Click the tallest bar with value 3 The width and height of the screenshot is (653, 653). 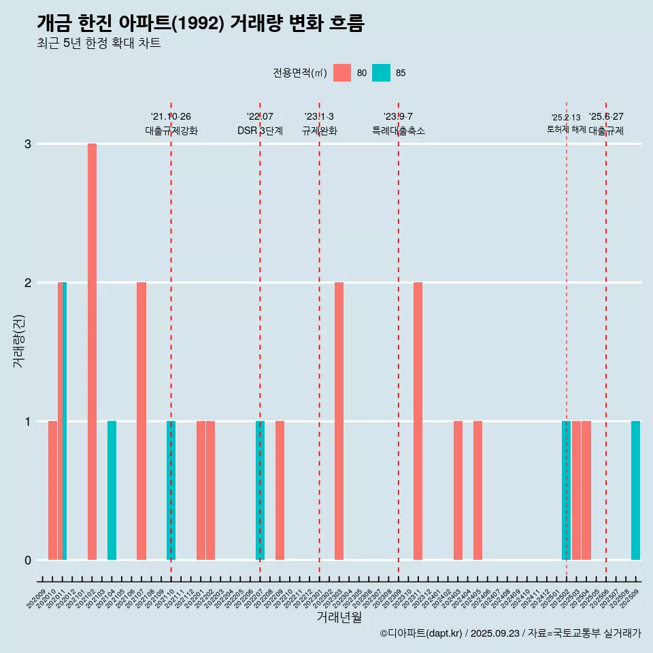(92, 352)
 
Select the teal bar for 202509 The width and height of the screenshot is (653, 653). (635, 490)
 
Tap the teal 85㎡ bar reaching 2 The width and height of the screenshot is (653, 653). (65, 421)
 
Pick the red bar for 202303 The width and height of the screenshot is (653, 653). (339, 421)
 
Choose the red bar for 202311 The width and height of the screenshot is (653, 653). (418, 421)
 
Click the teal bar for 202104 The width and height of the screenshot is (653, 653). (112, 490)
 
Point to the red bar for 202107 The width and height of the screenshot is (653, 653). (141, 421)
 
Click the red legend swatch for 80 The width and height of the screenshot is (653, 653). (342, 73)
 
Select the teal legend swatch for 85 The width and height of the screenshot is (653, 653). (382, 73)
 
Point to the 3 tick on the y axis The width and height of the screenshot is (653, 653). (28, 144)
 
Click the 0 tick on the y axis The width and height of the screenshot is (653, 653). (28, 560)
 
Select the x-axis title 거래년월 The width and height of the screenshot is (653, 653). (339, 617)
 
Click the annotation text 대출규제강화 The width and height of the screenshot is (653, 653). (171, 131)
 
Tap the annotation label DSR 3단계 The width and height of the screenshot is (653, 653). (260, 131)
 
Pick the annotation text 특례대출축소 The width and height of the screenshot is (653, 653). (399, 131)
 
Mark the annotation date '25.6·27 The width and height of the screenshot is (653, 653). (606, 117)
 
